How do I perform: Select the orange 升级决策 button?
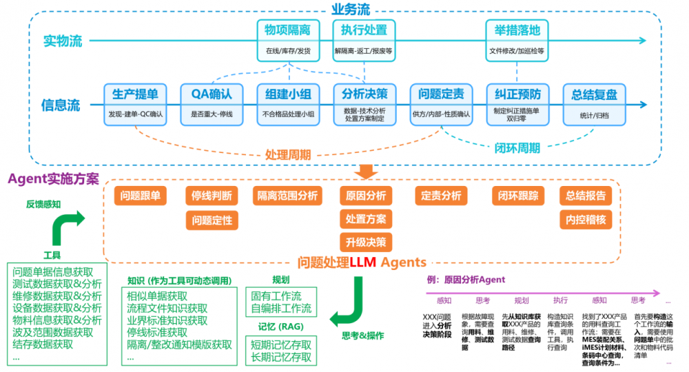click(x=365, y=242)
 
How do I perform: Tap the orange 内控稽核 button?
click(x=586, y=220)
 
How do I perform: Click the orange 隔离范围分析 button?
click(x=288, y=196)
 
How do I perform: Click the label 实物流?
click(x=62, y=41)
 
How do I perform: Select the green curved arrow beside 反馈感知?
click(x=68, y=226)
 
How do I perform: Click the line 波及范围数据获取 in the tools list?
click(x=53, y=332)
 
